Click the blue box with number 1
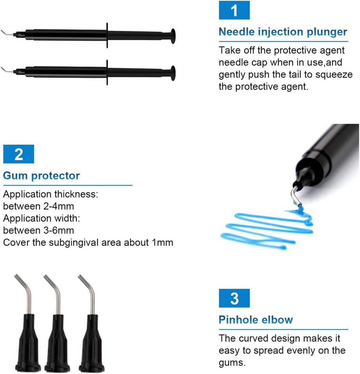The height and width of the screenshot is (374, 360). [x=234, y=10]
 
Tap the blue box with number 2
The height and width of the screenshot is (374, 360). [x=19, y=154]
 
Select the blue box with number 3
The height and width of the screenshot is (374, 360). [x=234, y=298]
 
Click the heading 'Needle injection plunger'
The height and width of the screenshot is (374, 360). [x=283, y=32]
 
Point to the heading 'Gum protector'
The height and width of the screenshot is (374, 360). [x=41, y=176]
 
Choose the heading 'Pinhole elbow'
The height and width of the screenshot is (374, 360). [x=256, y=319]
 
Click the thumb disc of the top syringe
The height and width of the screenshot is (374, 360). [x=173, y=36]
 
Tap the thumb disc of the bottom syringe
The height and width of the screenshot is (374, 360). [x=173, y=73]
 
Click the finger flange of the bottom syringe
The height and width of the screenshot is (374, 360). [x=107, y=72]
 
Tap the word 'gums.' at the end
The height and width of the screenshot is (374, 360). [x=232, y=363]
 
